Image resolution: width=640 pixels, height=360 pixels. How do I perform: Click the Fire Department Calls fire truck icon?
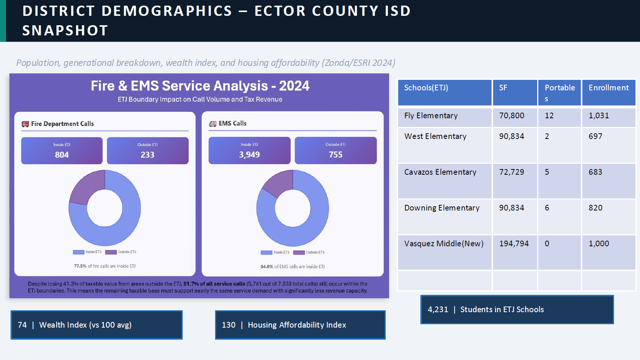[x=25, y=124]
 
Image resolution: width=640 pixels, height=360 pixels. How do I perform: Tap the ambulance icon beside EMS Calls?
[x=213, y=124]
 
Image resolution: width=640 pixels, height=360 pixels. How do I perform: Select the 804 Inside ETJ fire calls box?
[x=62, y=151]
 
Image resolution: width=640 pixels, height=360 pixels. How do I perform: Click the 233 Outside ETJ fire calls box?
[x=147, y=151]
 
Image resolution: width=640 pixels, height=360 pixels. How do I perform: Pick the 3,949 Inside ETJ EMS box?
[x=249, y=151]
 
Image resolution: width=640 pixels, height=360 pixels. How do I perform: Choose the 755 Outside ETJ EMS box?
[x=335, y=151]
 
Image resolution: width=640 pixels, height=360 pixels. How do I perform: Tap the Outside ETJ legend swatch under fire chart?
[x=111, y=252]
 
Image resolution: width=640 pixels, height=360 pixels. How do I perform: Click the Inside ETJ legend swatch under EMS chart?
[x=266, y=252]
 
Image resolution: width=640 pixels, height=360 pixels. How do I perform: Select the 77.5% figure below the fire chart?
[x=80, y=266]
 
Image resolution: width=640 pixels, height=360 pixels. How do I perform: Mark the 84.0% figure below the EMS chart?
[x=267, y=267]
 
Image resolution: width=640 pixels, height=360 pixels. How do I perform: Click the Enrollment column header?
[x=608, y=88]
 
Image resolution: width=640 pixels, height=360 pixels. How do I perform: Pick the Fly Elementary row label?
[x=431, y=116]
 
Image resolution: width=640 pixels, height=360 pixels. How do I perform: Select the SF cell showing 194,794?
[x=514, y=244]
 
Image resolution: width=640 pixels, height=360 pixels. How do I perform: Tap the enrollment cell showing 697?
[x=595, y=136]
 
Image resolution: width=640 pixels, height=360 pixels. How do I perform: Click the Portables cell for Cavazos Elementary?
[x=547, y=172]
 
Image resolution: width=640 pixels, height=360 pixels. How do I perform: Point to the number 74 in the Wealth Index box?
[x=22, y=325]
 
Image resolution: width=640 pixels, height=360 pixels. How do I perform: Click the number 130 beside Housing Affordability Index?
[x=228, y=325]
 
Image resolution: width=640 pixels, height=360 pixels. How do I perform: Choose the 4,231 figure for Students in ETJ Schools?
[x=438, y=310]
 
